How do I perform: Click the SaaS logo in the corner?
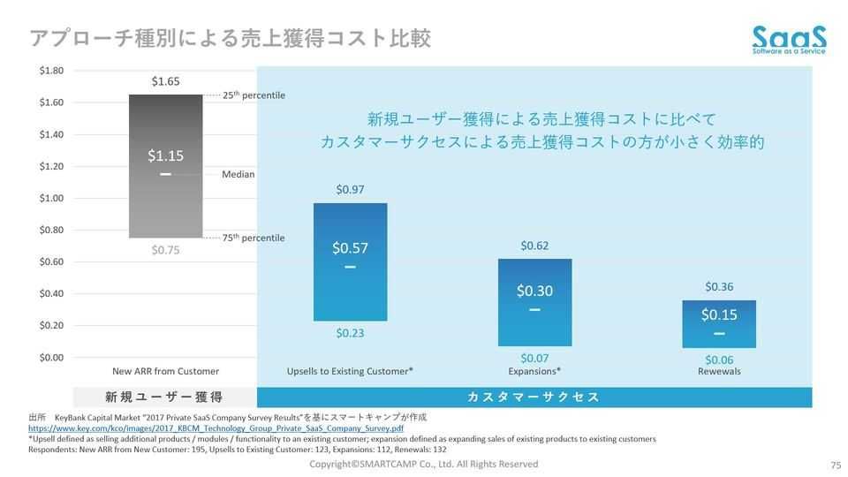[789, 39]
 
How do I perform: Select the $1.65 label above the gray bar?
[165, 81]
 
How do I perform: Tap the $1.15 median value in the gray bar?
[165, 156]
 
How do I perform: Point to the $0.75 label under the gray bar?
[165, 250]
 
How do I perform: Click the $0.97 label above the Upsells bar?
[350, 190]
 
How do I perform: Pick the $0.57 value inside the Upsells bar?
[350, 248]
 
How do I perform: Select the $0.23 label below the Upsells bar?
[350, 333]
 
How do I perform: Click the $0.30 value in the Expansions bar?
[534, 291]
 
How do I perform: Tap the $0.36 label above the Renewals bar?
[719, 287]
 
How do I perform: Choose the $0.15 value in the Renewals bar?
[719, 314]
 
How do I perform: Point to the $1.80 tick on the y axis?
[51, 71]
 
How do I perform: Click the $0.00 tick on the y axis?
[51, 357]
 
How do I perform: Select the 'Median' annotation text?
[238, 174]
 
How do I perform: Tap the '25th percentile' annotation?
[254, 95]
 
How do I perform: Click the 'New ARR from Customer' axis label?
[166, 371]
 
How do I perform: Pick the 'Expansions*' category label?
[534, 371]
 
